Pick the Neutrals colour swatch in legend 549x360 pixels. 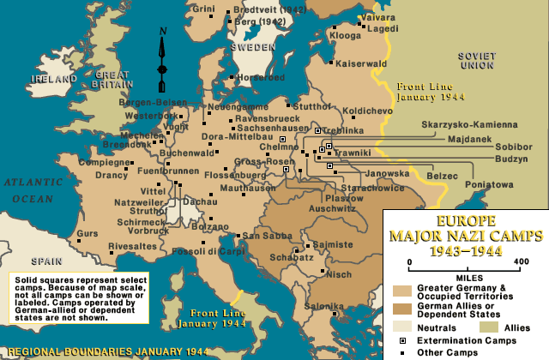click(x=401, y=326)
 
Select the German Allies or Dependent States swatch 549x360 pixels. click(x=401, y=307)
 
